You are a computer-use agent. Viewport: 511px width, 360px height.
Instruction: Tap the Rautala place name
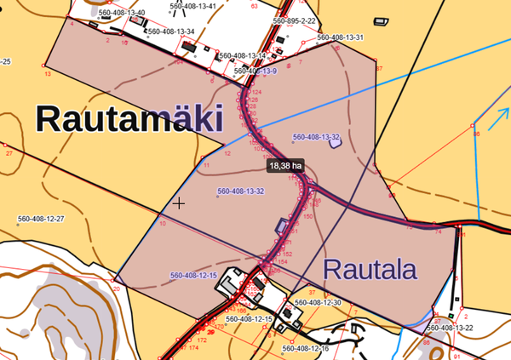(370, 271)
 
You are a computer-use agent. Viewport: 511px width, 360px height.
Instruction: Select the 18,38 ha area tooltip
(285, 166)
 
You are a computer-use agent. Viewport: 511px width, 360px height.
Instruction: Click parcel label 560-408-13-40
(123, 14)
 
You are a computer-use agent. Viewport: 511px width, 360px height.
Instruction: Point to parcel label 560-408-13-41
(192, 6)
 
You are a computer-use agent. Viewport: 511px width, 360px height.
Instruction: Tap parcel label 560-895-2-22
(295, 20)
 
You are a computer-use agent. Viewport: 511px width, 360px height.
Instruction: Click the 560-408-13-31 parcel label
(341, 37)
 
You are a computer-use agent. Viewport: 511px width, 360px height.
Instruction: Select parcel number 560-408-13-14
(244, 55)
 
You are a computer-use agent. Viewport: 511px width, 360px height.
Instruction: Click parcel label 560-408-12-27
(41, 219)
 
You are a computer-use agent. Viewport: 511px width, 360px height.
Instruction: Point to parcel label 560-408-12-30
(318, 302)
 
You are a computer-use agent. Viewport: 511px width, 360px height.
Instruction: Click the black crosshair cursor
(179, 203)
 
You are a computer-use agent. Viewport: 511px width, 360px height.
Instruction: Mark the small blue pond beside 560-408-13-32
(335, 142)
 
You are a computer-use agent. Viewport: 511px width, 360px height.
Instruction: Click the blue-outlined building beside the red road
(281, 226)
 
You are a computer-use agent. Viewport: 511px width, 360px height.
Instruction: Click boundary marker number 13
(48, 74)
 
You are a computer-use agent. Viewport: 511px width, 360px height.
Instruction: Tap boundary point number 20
(117, 289)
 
